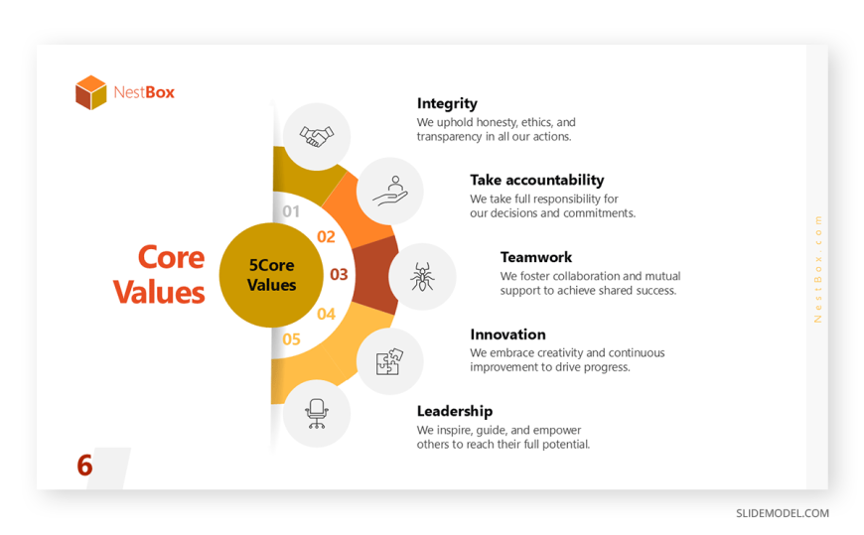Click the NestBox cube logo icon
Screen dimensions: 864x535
coord(91,92)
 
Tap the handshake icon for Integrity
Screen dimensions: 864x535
coord(316,136)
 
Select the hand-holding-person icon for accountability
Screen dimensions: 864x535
coord(390,192)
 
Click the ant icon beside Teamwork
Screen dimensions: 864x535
coord(422,277)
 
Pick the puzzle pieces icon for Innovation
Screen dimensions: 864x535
coord(389,361)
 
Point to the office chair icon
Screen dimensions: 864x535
coord(316,413)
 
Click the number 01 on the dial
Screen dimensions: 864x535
coord(291,211)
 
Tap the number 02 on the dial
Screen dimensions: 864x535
coord(326,237)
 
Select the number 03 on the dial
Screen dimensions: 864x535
coord(339,274)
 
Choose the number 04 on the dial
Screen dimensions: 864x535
coord(326,314)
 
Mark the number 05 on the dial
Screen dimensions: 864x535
coord(291,339)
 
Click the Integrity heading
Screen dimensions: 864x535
coord(447,103)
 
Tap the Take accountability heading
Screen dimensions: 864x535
coord(536,181)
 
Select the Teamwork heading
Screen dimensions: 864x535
coord(536,257)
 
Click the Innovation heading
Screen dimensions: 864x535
coord(507,334)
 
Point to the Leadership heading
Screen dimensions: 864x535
coord(455,411)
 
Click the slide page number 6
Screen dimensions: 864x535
coord(84,466)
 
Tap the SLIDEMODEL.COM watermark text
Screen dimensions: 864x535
coord(783,513)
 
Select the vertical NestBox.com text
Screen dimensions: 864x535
coord(817,269)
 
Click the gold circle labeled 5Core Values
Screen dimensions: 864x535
coord(271,275)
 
